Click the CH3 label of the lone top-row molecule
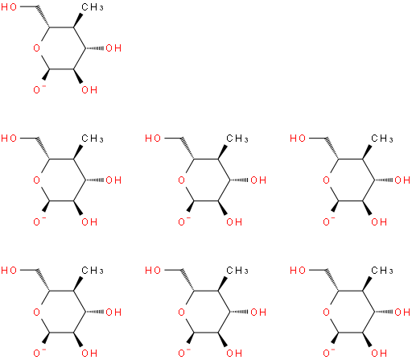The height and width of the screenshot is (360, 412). pyautogui.click(x=93, y=7)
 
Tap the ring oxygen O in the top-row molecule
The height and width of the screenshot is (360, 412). pyautogui.click(x=36, y=48)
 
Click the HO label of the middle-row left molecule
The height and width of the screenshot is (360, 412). pyautogui.click(x=9, y=139)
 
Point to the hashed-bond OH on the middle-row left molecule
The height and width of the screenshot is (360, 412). pyautogui.click(x=113, y=180)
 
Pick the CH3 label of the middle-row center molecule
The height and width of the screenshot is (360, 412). pyautogui.click(x=237, y=139)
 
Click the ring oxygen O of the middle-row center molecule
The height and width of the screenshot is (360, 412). pyautogui.click(x=181, y=180)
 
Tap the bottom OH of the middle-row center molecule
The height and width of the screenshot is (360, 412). pyautogui.click(x=234, y=221)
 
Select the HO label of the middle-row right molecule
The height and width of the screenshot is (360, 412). pyautogui.click(x=298, y=139)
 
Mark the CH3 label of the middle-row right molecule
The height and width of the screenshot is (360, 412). pyautogui.click(x=382, y=139)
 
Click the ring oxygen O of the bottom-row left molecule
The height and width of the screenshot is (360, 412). pyautogui.click(x=36, y=312)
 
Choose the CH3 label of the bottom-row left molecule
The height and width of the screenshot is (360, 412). pyautogui.click(x=93, y=271)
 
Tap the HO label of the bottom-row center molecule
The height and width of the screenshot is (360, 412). pyautogui.click(x=153, y=270)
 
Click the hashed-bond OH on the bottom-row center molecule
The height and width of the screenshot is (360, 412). pyautogui.click(x=258, y=312)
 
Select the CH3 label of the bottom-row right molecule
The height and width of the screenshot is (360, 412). pyautogui.click(x=382, y=271)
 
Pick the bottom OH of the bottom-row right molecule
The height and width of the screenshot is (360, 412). pyautogui.click(x=379, y=353)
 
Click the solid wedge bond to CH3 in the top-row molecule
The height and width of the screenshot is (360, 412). pyautogui.click(x=78, y=20)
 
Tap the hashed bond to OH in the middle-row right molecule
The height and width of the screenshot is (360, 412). pyautogui.click(x=384, y=180)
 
